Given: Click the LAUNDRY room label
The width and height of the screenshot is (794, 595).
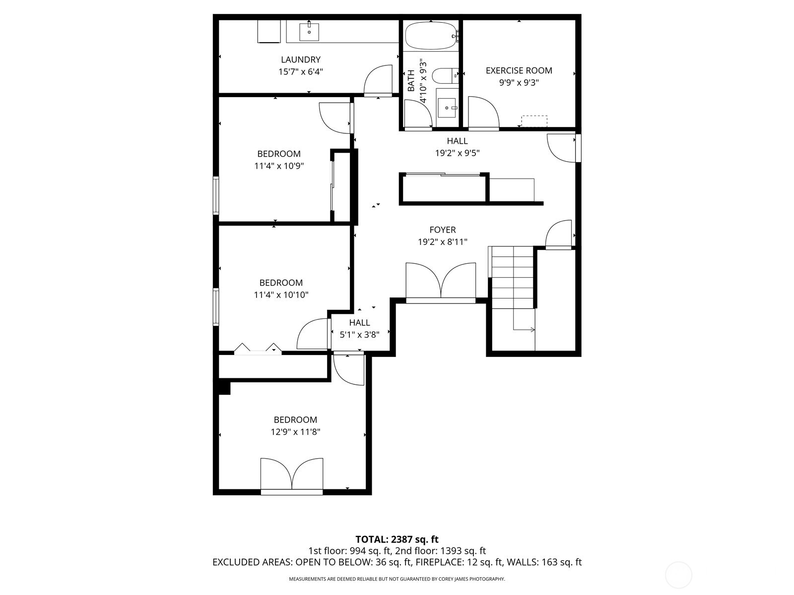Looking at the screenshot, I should [x=300, y=59].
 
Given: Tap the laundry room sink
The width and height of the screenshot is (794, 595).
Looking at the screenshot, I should [x=309, y=31].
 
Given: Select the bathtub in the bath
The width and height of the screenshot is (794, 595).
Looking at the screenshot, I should [x=430, y=36].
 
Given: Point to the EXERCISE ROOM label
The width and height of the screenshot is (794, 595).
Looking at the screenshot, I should [x=519, y=70].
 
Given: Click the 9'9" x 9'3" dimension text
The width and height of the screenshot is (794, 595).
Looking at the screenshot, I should [x=519, y=83].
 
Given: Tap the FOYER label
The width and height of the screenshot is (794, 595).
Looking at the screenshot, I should [x=442, y=230].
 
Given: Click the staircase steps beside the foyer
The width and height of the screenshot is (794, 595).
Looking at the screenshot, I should [x=513, y=278].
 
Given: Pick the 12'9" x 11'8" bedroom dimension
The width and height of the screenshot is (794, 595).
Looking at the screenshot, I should [x=295, y=432].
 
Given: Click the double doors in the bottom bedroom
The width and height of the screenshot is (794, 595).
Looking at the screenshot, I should [x=292, y=475].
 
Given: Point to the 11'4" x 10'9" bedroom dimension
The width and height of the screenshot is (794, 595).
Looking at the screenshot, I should [x=279, y=166].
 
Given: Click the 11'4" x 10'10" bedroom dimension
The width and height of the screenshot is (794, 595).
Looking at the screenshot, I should [x=281, y=295].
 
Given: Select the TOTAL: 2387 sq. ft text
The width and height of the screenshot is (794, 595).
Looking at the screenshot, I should [x=397, y=539].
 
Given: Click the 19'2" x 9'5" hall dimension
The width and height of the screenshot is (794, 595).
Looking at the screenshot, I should [x=457, y=153].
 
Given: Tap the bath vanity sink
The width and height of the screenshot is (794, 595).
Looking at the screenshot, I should [x=447, y=107].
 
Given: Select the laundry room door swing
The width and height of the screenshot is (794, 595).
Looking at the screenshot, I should [x=378, y=79].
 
